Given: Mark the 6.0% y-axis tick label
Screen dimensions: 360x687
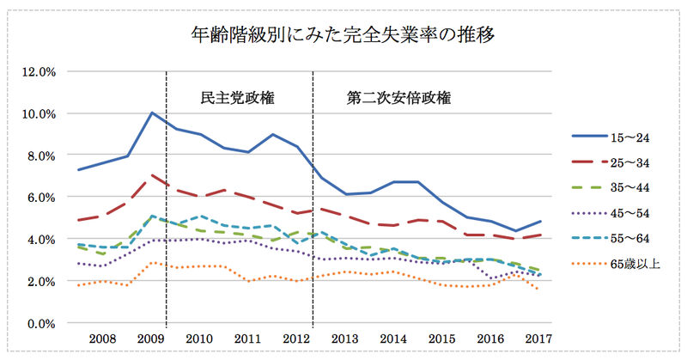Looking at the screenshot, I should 40,197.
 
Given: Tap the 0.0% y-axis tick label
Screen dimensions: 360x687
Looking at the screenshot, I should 40,323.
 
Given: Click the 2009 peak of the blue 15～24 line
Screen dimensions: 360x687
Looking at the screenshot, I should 152,113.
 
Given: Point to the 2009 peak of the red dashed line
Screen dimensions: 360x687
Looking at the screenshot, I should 152,175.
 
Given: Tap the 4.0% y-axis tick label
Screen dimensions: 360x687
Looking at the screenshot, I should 40,239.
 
